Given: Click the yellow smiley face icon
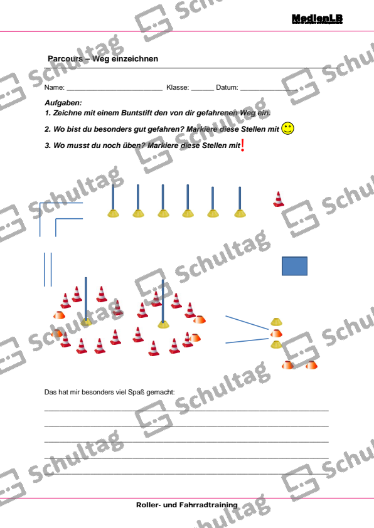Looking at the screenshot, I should coord(287,129).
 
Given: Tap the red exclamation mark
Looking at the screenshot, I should coord(243,145).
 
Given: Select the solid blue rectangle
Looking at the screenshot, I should coord(294,266).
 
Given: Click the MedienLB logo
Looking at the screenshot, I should coord(317,19).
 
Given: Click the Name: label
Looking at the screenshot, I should coord(54,88).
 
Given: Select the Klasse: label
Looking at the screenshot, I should coord(178,88).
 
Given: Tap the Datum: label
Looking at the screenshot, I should coord(227,88).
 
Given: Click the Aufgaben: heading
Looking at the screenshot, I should coord(63,102).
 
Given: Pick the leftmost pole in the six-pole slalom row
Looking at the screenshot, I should coord(113,201).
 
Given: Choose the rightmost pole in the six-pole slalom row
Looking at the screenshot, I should coord(240,202).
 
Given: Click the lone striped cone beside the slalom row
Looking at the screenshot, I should coord(279,199).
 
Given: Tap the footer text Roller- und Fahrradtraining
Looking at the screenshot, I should coord(187,505).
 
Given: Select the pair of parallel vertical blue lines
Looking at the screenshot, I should coord(48,269).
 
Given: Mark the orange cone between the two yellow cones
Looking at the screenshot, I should coord(276,333).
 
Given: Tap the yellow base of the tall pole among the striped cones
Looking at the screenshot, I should coord(164,324).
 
